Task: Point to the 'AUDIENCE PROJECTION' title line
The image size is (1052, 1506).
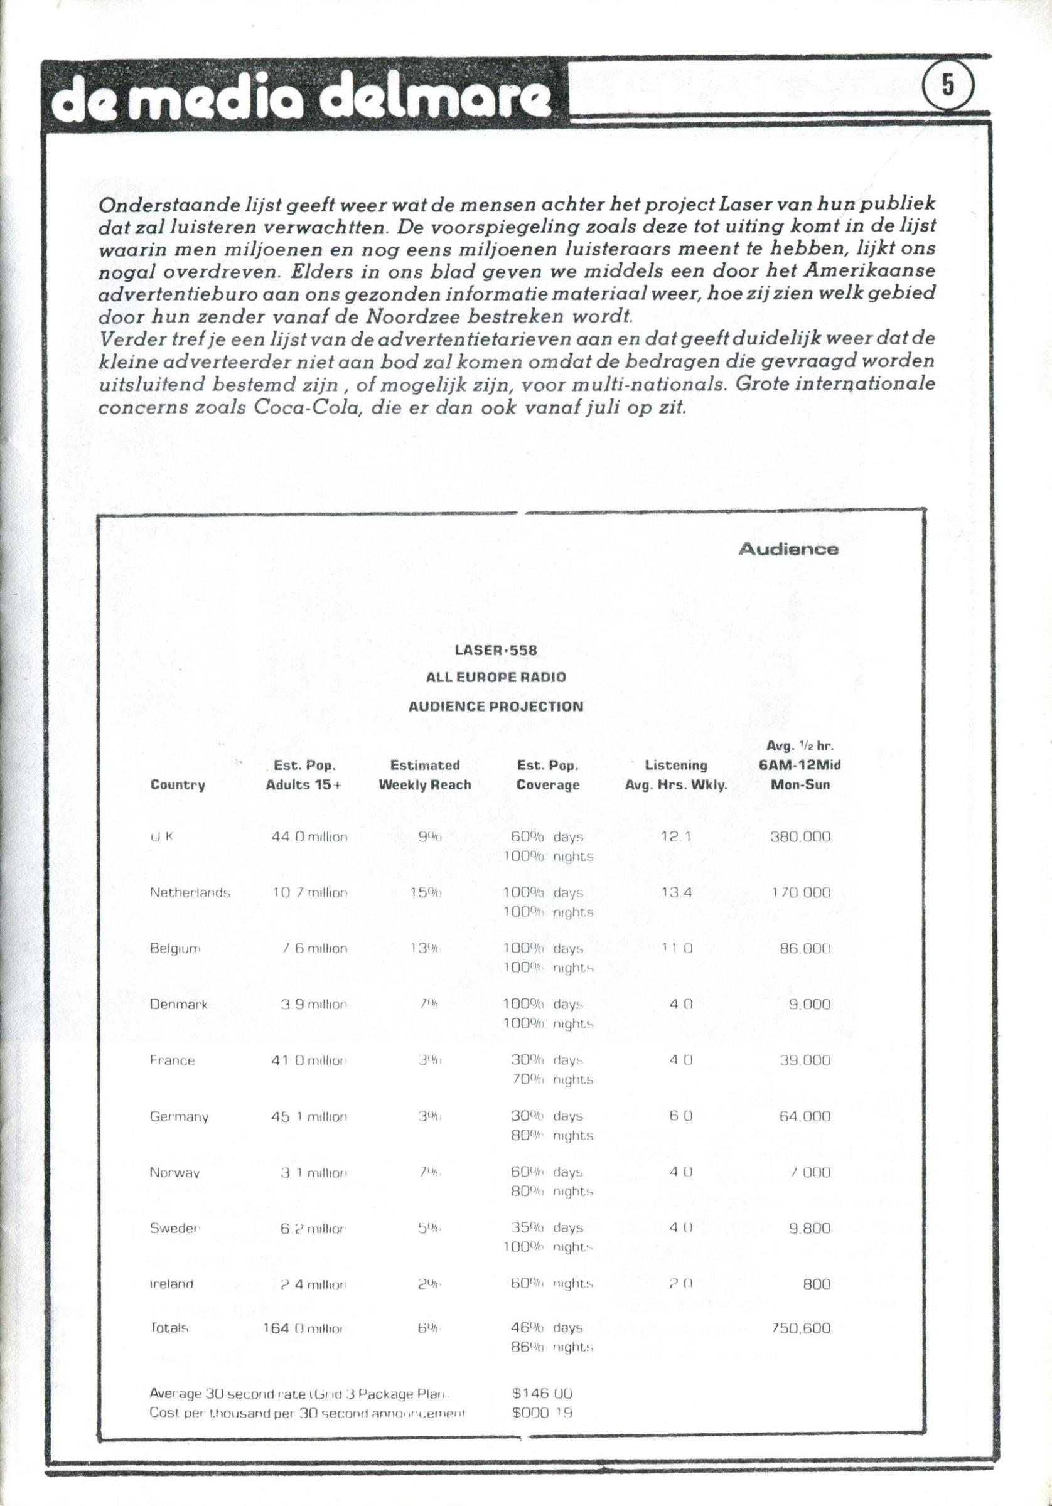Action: click(495, 707)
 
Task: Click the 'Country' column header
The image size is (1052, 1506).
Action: click(177, 785)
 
